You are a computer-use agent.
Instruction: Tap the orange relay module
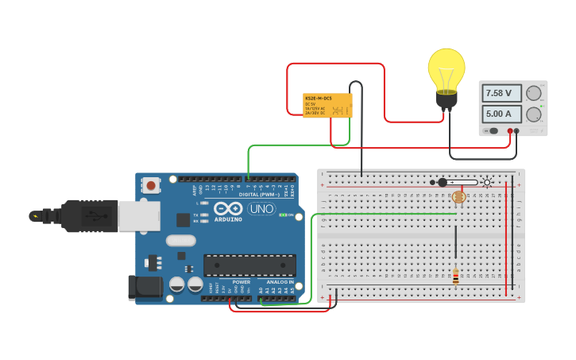pyautogui.click(x=327, y=105)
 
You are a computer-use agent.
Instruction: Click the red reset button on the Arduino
pyautogui.click(x=150, y=185)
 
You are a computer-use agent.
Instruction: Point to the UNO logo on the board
pyautogui.click(x=261, y=209)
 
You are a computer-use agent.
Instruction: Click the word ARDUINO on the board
pyautogui.click(x=229, y=219)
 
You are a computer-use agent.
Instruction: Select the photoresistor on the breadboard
pyautogui.click(x=458, y=196)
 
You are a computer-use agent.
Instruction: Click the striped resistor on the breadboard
pyautogui.click(x=455, y=277)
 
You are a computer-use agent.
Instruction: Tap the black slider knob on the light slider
pyautogui.click(x=443, y=182)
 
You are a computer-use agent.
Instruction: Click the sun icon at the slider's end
pyautogui.click(x=487, y=182)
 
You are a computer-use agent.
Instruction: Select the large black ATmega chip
pyautogui.click(x=249, y=265)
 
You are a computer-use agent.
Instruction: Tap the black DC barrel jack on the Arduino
pyautogui.click(x=145, y=288)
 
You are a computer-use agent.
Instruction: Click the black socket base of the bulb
pyautogui.click(x=446, y=99)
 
